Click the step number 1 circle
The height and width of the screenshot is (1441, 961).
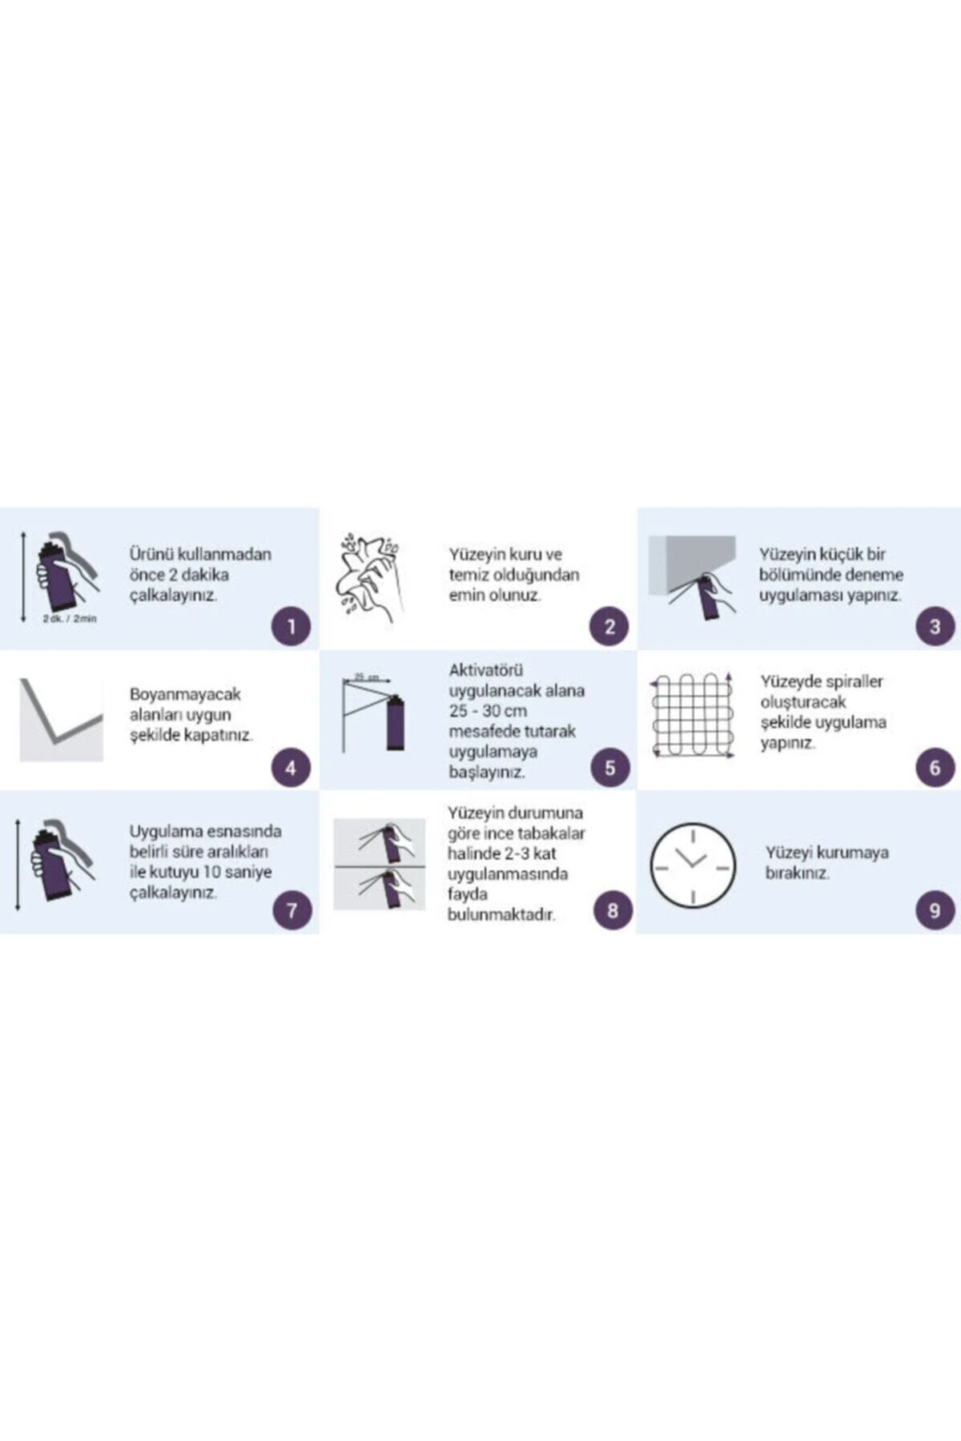coord(291,626)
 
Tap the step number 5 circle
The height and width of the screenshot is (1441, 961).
coord(610,768)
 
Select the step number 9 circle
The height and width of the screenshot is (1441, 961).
coord(935,910)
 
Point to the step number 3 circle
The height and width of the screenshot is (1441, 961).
coord(935,626)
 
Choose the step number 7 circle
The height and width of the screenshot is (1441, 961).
coord(292,910)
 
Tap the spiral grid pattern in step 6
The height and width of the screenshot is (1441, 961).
coord(692,715)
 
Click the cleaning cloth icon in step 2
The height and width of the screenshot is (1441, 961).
coord(368,576)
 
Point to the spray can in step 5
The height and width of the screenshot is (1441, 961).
coord(395,724)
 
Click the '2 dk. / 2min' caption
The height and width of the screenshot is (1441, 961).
coord(70,619)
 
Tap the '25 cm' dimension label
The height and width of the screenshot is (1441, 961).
coord(367,677)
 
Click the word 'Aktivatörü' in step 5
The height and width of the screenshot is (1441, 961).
coord(485,670)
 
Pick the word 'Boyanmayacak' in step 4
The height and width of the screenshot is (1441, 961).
coord(185,694)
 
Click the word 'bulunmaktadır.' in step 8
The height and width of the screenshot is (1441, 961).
coord(501,914)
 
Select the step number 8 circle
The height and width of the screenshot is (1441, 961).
coord(613,910)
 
